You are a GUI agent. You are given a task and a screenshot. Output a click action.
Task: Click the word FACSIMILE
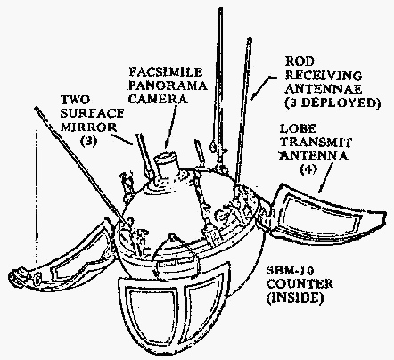pyautogui.click(x=166, y=72)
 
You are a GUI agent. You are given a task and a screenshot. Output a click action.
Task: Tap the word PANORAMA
pyautogui.click(x=168, y=86)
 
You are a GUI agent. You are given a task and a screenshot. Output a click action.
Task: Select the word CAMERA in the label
pyautogui.click(x=158, y=99)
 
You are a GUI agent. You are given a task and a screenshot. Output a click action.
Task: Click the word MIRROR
pyautogui.click(x=88, y=127)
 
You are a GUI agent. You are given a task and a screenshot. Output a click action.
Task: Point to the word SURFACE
pyautogui.click(x=92, y=113)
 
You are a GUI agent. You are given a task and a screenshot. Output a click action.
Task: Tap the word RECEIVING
pyautogui.click(x=324, y=76)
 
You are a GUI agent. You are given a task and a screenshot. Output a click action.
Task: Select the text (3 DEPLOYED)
pyautogui.click(x=332, y=102)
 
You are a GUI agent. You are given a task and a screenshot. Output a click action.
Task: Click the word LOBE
pyautogui.click(x=298, y=128)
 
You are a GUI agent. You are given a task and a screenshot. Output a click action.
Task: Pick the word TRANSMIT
pyautogui.click(x=316, y=143)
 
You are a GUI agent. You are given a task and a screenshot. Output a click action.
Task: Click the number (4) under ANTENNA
pyautogui.click(x=308, y=169)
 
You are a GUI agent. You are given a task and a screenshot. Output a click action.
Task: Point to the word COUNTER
pyautogui.click(x=300, y=284)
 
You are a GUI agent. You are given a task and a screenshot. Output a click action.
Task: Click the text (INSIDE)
pyautogui.click(x=294, y=298)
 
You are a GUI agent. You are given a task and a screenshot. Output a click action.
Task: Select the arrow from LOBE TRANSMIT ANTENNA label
pyautogui.click(x=326, y=177)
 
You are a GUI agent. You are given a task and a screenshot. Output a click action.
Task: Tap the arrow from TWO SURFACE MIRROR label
pyautogui.click(x=122, y=139)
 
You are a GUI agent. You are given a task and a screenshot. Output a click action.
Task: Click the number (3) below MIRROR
pyautogui.click(x=88, y=141)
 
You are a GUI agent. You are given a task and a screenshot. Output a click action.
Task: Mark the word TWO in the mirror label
pyautogui.click(x=75, y=100)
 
